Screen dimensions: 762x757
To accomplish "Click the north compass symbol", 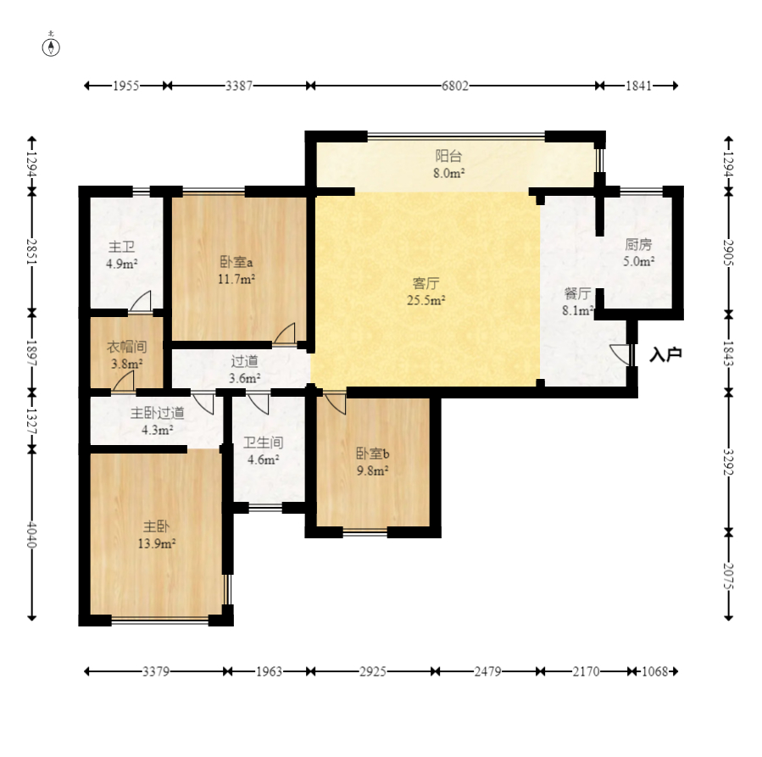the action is click(51, 46).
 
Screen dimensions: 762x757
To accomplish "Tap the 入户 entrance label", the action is click(665, 354).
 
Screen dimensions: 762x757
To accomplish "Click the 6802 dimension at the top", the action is click(455, 86).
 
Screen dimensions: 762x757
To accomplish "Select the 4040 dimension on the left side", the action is click(31, 534).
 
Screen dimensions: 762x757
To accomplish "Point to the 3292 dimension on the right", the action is click(728, 462).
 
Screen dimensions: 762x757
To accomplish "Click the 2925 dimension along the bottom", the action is click(373, 671).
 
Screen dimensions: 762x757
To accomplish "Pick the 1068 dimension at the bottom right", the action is click(655, 671).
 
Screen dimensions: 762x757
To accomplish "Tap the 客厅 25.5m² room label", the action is click(426, 292).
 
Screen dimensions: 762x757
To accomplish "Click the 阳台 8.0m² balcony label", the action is click(448, 164).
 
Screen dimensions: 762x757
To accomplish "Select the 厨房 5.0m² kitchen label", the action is click(638, 253).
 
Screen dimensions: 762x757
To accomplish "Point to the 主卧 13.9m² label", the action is click(157, 535).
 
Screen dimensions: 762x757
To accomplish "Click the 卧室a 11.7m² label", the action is click(236, 270).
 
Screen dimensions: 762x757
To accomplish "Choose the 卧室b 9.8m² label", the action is click(373, 462).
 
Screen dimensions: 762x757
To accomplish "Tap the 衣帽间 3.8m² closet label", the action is click(126, 355).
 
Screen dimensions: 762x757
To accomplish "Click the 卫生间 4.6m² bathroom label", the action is click(263, 451).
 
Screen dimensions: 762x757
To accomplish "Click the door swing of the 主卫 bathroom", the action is click(141, 302).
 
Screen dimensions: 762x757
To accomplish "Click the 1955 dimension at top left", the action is click(125, 86).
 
